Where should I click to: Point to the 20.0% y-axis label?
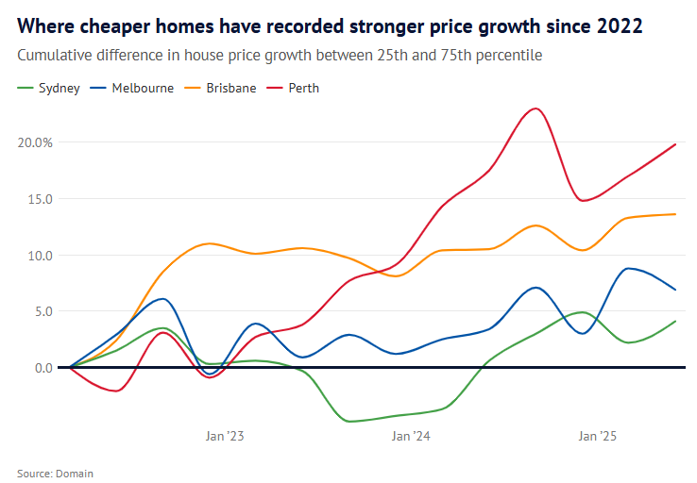coord(36,142)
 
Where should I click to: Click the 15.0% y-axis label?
coord(36,199)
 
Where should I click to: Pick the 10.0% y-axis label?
coord(36,255)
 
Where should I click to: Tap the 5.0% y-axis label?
coord(39,311)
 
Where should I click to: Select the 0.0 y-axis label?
coord(43,367)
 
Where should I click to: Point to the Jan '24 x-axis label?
coord(411,436)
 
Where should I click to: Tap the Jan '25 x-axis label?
coord(597,436)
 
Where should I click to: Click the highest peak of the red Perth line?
coord(536,108)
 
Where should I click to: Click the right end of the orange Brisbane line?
coord(675,214)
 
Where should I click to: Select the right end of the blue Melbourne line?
coord(675,290)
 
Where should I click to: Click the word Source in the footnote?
coord(34,474)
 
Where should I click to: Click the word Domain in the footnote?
coord(75,474)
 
